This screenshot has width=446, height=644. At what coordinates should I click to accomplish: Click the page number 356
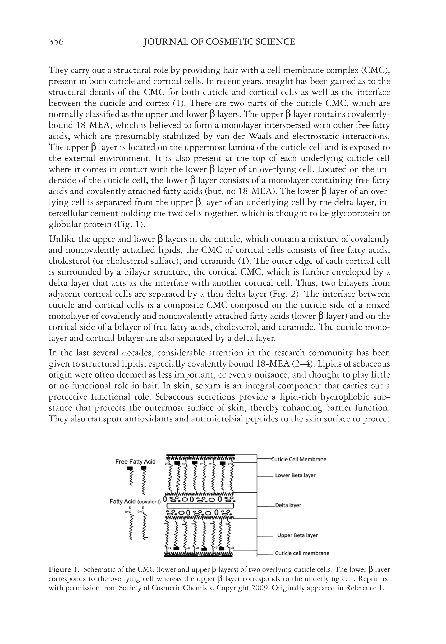[x=56, y=42]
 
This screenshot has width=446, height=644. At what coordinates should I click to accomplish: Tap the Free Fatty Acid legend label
[x=135, y=462]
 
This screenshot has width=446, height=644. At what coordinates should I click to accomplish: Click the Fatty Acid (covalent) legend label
[x=135, y=502]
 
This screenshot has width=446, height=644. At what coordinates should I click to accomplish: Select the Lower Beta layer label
[x=295, y=475]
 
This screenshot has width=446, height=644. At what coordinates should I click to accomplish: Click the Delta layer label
[x=288, y=505]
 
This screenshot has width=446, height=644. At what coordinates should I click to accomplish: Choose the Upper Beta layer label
[x=297, y=535]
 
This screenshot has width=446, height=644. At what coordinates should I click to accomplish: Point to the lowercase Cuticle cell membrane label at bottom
[x=302, y=553]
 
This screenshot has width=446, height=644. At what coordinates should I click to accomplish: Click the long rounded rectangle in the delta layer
[x=200, y=506]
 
